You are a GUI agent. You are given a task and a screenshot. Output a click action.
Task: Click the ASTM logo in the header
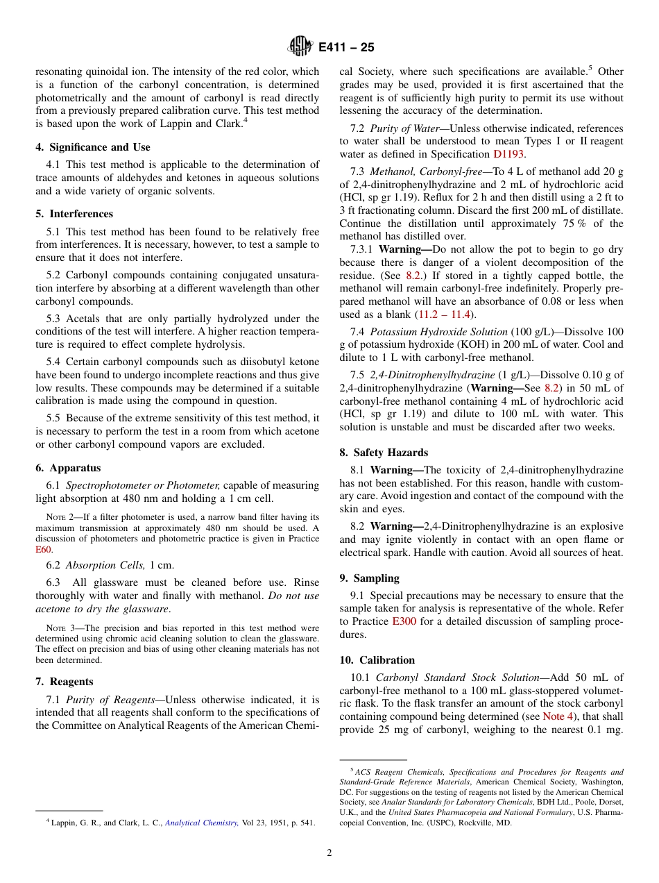click(x=302, y=47)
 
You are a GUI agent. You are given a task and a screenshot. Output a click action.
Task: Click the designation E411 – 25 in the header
click(x=346, y=47)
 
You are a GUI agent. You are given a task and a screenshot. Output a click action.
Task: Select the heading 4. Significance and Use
click(x=93, y=147)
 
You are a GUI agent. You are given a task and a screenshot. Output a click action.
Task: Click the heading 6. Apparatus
click(x=68, y=468)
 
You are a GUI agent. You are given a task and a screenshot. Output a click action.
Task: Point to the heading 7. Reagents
click(x=65, y=682)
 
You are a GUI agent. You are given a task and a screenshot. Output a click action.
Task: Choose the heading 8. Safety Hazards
click(x=384, y=453)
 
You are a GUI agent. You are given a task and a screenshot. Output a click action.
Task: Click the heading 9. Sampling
click(x=369, y=578)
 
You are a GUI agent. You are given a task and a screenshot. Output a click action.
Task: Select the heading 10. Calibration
click(x=377, y=660)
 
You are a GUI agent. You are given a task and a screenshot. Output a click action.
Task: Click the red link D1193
click(x=508, y=154)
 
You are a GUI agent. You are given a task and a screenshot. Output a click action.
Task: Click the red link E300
click(x=404, y=621)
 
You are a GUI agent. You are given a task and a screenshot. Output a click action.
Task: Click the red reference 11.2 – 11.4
click(x=443, y=314)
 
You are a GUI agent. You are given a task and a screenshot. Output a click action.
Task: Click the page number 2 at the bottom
click(x=329, y=853)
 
